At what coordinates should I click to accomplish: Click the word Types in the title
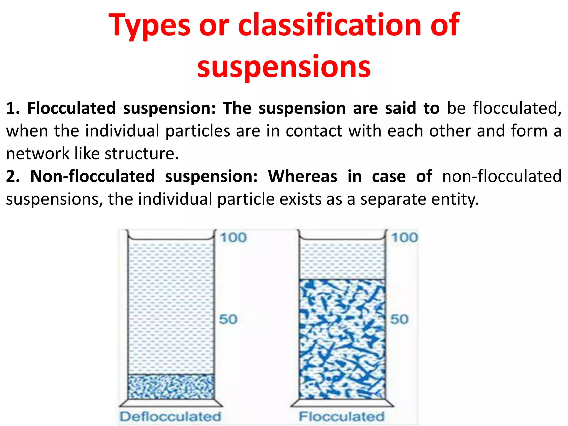[149, 26]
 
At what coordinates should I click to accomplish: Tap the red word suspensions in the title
[284, 67]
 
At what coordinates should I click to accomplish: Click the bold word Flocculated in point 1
[71, 108]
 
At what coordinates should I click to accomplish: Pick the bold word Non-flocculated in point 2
[92, 176]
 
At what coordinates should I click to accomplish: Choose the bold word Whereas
[302, 176]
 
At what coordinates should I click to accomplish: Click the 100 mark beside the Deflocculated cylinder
[233, 238]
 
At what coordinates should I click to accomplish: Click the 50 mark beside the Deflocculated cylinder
[228, 319]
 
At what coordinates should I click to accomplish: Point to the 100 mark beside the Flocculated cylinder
[405, 238]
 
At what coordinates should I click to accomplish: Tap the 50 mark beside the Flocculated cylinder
[399, 319]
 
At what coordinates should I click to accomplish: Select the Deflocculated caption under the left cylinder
[170, 417]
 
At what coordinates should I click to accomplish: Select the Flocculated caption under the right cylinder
[342, 417]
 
